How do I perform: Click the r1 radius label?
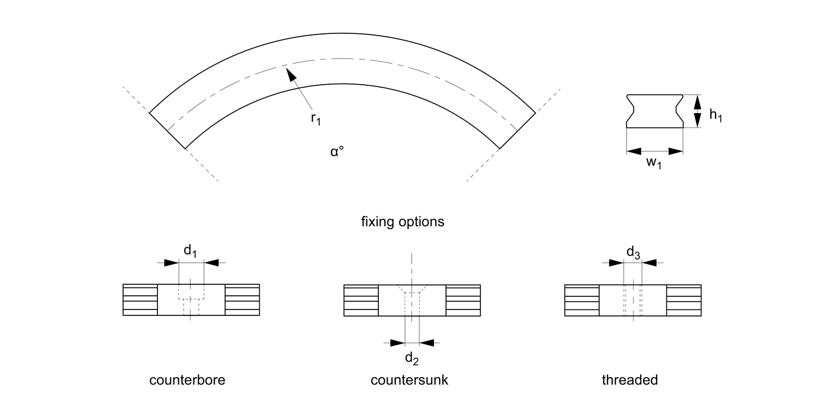[315, 119]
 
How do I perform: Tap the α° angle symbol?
[336, 151]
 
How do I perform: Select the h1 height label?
[716, 115]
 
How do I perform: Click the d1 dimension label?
[190, 251]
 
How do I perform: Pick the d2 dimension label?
[412, 360]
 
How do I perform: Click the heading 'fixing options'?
[403, 222]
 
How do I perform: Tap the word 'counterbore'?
[187, 380]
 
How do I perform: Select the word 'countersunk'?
[409, 380]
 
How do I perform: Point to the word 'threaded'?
[630, 380]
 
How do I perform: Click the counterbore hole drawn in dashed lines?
[191, 299]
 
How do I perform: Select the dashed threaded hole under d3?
[633, 300]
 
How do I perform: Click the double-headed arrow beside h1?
[697, 111]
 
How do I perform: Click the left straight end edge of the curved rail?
[167, 130]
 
